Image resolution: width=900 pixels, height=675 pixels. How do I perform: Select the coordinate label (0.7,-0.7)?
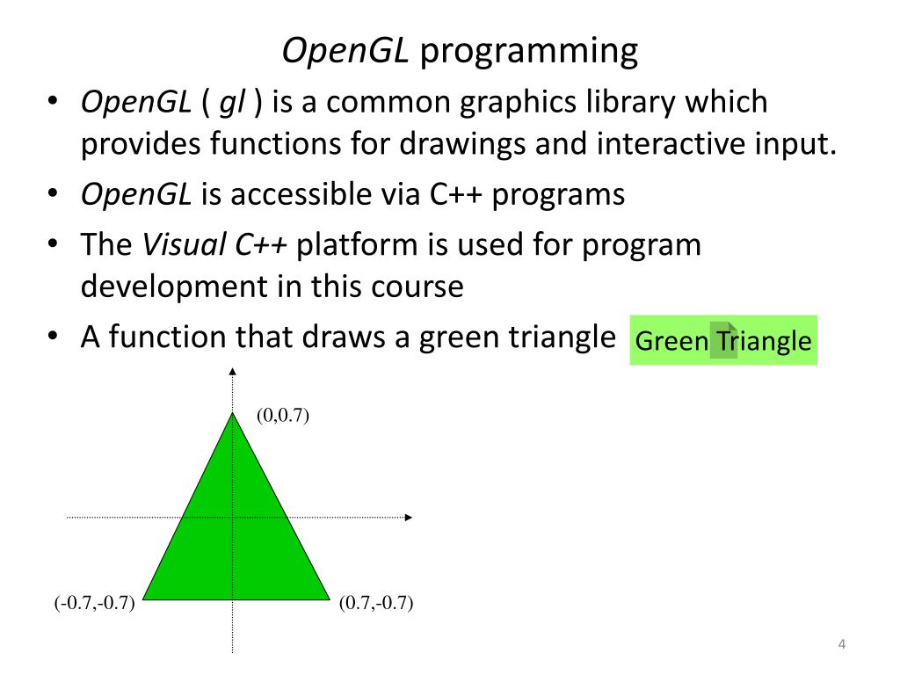tap(376, 603)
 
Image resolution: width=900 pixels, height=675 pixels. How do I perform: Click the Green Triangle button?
tap(723, 340)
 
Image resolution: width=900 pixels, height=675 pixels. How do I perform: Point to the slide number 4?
tap(841, 645)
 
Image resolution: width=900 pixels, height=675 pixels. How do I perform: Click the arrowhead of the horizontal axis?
tap(408, 518)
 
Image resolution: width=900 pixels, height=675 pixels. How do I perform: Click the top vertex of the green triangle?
tap(232, 413)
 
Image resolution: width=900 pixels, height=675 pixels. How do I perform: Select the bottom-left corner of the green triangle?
tap(143, 599)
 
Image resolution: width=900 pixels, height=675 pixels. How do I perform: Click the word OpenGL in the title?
tap(345, 52)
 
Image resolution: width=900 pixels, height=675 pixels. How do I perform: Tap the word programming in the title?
tap(529, 52)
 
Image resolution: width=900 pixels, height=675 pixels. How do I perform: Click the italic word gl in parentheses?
tap(232, 103)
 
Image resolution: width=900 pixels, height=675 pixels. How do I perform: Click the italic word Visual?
tap(184, 244)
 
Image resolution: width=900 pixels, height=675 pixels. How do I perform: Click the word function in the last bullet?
tap(166, 337)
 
